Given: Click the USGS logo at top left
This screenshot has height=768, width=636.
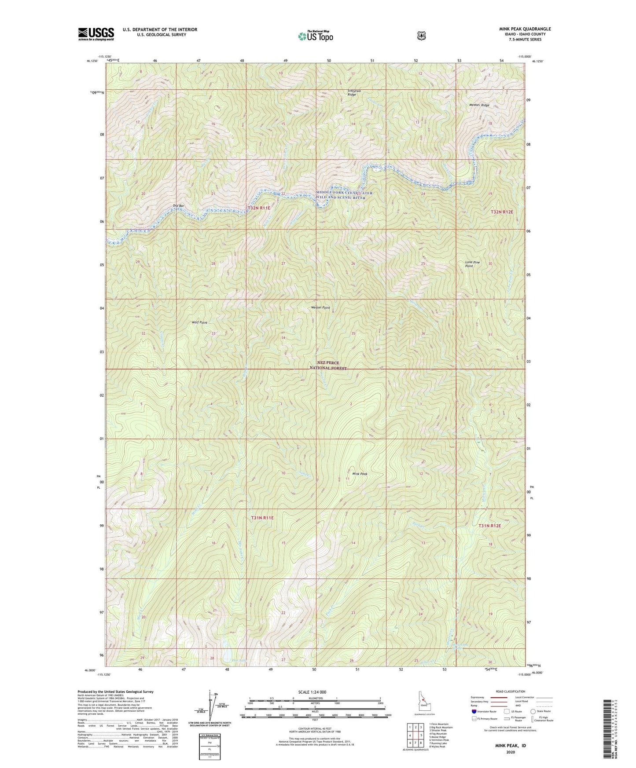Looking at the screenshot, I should [x=96, y=34].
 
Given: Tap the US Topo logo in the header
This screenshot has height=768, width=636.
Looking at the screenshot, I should [x=315, y=36].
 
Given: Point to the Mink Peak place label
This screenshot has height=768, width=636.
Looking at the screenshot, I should [x=359, y=474].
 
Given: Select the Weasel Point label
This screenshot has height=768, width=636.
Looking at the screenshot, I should [x=320, y=307].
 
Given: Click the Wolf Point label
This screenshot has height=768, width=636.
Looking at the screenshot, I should [x=199, y=322].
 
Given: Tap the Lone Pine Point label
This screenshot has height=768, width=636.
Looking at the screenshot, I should [x=472, y=264].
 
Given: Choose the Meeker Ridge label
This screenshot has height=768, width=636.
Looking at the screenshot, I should [x=479, y=105].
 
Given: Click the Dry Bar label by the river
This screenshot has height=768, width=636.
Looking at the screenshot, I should [x=178, y=205].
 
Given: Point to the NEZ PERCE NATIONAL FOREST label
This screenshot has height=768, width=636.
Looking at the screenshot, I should [x=328, y=365].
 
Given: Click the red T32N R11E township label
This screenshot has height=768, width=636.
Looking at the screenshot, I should [x=259, y=208].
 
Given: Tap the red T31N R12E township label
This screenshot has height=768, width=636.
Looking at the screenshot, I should [x=489, y=526].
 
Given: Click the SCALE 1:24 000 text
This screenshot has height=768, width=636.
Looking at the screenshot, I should [x=312, y=692].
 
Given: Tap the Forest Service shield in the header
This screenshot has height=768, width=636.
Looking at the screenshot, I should [x=421, y=36].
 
